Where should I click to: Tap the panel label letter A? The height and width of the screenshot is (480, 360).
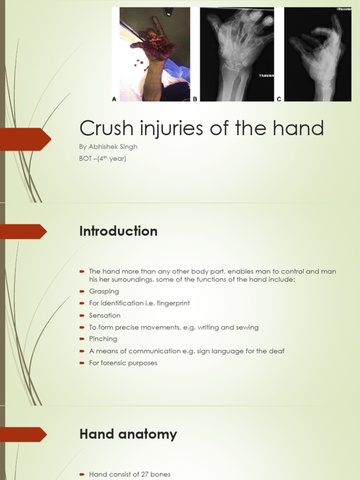[114, 99]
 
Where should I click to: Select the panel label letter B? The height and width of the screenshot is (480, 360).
[195, 99]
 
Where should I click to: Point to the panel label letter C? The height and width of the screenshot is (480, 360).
[279, 99]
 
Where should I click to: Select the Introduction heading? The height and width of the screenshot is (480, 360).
[118, 231]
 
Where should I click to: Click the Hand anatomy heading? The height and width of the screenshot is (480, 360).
[128, 434]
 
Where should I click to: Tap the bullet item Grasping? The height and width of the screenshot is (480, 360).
[104, 292]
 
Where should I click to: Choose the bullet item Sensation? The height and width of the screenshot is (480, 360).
[105, 315]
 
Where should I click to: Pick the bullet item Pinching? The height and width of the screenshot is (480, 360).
[103, 339]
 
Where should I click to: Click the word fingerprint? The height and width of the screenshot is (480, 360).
[172, 303]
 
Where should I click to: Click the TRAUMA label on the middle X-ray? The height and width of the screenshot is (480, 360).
[266, 75]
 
